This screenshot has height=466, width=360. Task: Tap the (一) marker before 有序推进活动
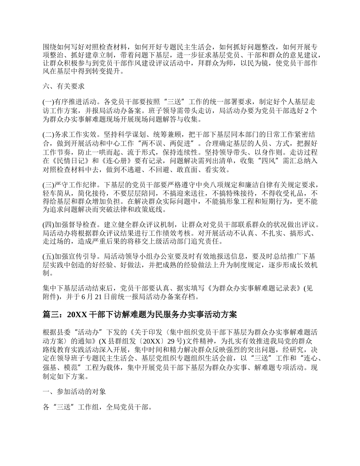(49, 102)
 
